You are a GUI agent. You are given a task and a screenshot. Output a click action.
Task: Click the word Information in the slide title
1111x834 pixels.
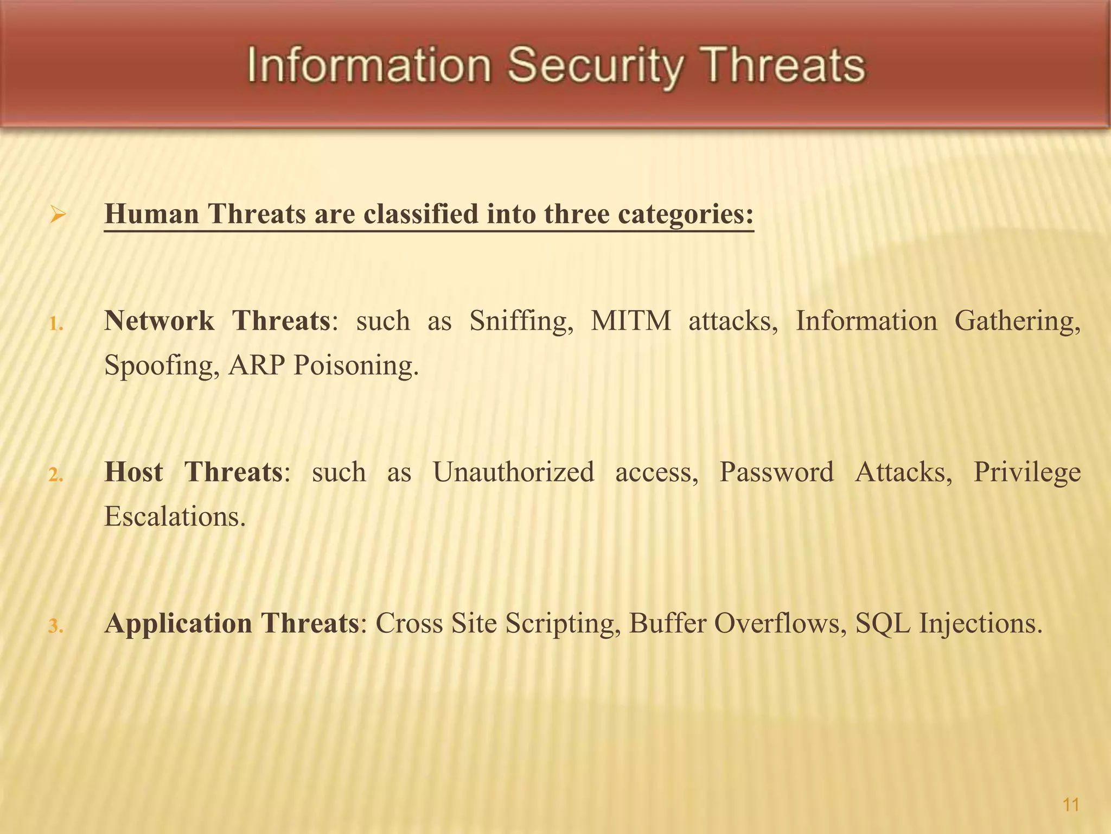tap(369, 66)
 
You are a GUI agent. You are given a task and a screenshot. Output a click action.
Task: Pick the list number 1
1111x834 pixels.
tap(56, 325)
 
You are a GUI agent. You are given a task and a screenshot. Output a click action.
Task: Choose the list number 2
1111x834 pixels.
tap(56, 476)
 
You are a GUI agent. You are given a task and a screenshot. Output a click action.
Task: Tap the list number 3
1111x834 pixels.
tap(56, 627)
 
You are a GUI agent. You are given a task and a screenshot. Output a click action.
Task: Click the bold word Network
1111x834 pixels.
tap(159, 320)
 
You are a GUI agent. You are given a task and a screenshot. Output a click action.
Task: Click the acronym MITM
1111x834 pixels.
tap(631, 320)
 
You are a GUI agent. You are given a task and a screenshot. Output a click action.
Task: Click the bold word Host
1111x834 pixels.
tap(133, 471)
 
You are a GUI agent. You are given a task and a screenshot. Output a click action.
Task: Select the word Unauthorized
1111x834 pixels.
tap(513, 471)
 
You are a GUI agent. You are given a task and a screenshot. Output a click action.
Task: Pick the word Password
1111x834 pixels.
tap(776, 471)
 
